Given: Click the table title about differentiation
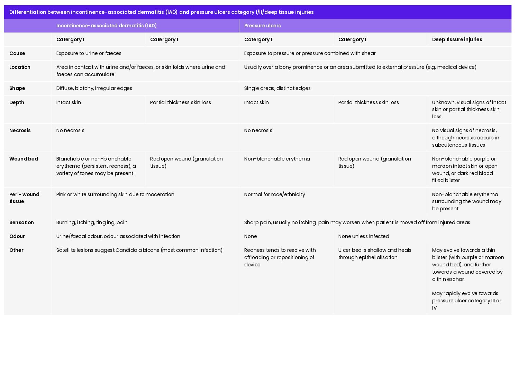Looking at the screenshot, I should tap(161, 12).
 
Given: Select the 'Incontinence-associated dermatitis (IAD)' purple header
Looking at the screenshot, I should tap(106, 26).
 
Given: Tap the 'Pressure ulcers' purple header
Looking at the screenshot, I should tap(262, 26).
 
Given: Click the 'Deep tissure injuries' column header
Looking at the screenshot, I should tap(457, 39).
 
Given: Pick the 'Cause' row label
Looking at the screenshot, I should tap(17, 53).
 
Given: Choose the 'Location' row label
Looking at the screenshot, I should tap(20, 67).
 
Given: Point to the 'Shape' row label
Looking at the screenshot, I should tap(17, 88).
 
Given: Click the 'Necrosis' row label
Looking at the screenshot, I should tap(20, 130).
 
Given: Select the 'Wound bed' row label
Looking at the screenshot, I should tap(24, 159).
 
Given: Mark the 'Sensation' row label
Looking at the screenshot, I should tap(21, 222).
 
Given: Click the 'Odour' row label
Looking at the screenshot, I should tap(17, 236).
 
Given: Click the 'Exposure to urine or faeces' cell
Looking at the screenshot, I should tap(89, 53).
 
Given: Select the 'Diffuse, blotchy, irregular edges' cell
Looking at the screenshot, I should tap(94, 88).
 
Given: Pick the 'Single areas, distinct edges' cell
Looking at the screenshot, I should tap(277, 88).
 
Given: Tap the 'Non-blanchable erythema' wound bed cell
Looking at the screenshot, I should tap(277, 159).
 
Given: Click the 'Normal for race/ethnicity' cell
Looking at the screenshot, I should tap(274, 194).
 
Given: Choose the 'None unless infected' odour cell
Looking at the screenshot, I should tap(363, 236).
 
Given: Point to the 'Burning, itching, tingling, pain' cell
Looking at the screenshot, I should tap(92, 222).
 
